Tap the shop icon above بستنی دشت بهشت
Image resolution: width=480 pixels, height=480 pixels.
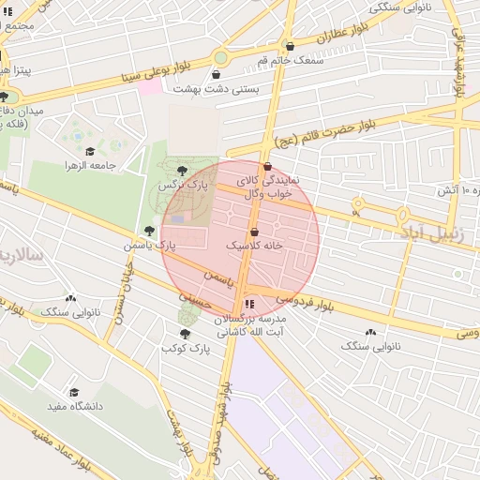[x=217, y=75]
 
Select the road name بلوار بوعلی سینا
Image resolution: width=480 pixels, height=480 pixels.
[x=142, y=77]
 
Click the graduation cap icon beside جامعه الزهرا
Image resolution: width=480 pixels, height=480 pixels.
[x=90, y=152]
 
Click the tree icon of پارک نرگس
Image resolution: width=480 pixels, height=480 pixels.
[x=182, y=170]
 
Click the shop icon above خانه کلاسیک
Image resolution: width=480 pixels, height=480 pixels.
[x=254, y=232]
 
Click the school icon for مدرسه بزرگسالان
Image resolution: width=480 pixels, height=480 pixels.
[x=248, y=305]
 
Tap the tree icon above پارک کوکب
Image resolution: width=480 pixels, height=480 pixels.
[x=186, y=334]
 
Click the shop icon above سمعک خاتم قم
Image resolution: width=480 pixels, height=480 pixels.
[x=290, y=46]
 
